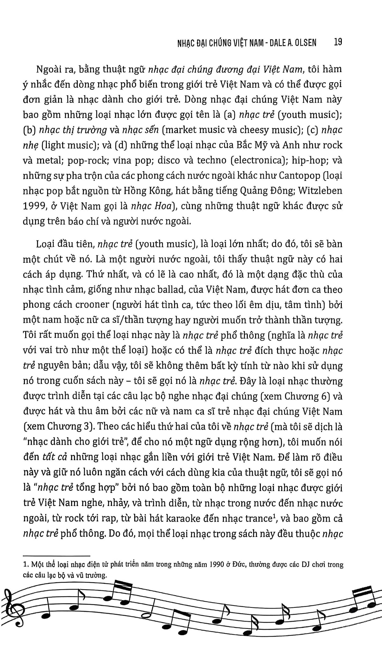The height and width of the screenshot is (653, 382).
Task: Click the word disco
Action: [x=170, y=160]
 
